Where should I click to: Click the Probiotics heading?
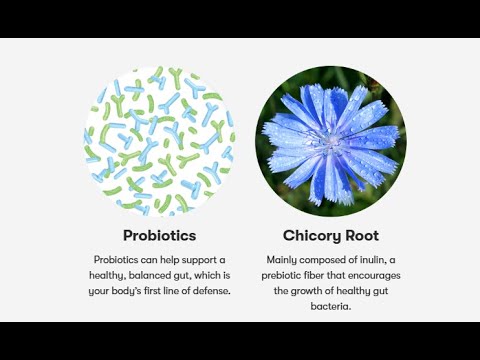[x=159, y=236]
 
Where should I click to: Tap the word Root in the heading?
[x=361, y=236]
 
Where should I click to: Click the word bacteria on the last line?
[x=331, y=307]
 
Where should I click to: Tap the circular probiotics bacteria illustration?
[x=159, y=140]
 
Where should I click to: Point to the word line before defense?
[x=183, y=291]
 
